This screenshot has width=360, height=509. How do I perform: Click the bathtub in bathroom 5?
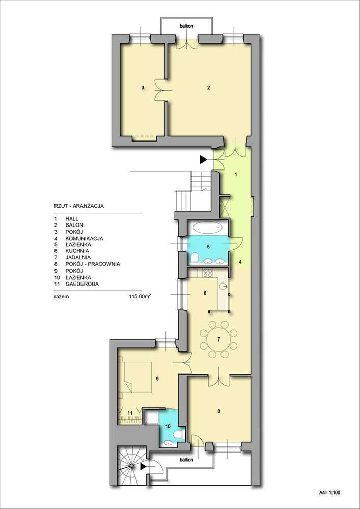click(x=209, y=228)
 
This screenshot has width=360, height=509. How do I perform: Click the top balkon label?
click(x=185, y=25)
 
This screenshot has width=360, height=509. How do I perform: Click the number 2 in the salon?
click(x=209, y=88)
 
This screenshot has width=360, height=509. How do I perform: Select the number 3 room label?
click(x=143, y=88)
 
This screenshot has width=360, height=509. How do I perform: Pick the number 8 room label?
click(x=218, y=411)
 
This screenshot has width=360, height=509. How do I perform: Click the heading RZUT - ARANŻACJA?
click(x=79, y=206)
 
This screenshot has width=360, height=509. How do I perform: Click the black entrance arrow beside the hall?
click(x=204, y=160)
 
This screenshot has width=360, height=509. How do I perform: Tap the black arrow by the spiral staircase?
click(x=145, y=465)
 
